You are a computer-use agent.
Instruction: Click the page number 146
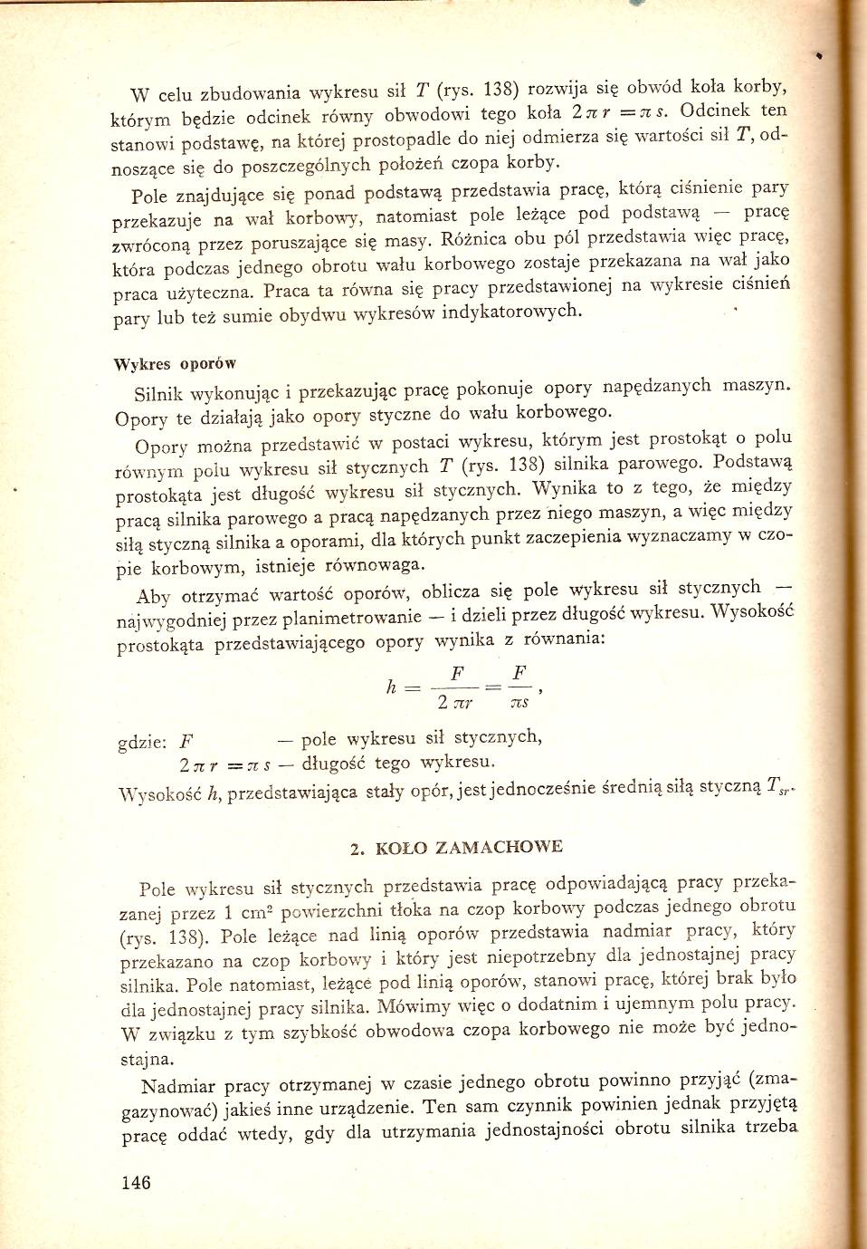[136, 1182]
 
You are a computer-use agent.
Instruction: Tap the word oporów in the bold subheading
[208, 364]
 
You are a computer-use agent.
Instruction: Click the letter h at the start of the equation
[391, 687]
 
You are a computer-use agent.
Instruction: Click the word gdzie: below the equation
[142, 743]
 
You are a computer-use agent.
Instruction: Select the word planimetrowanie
[352, 619]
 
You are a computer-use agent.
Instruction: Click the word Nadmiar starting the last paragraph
[178, 1087]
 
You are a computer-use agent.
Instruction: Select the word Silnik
[158, 394]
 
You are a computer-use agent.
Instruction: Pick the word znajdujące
[222, 195]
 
